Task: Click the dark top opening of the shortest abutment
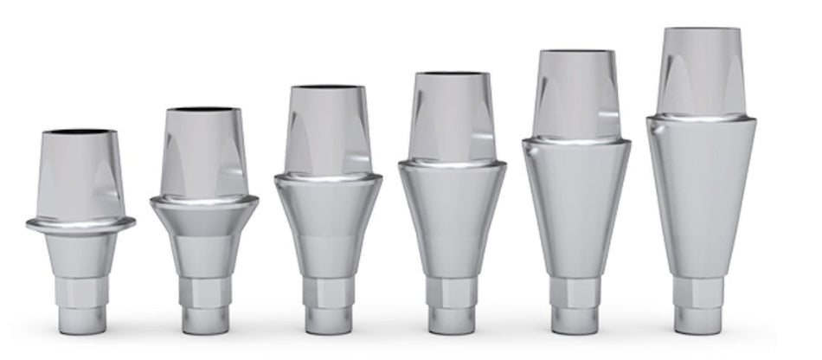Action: [x=80, y=132]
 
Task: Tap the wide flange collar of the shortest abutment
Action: [x=80, y=224]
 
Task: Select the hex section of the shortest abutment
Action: [x=80, y=291]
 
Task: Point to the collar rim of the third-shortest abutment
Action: [x=327, y=179]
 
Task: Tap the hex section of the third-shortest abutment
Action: [x=328, y=292]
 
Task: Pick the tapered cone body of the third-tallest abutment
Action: [x=452, y=216]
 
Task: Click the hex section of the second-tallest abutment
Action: [x=575, y=291]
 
